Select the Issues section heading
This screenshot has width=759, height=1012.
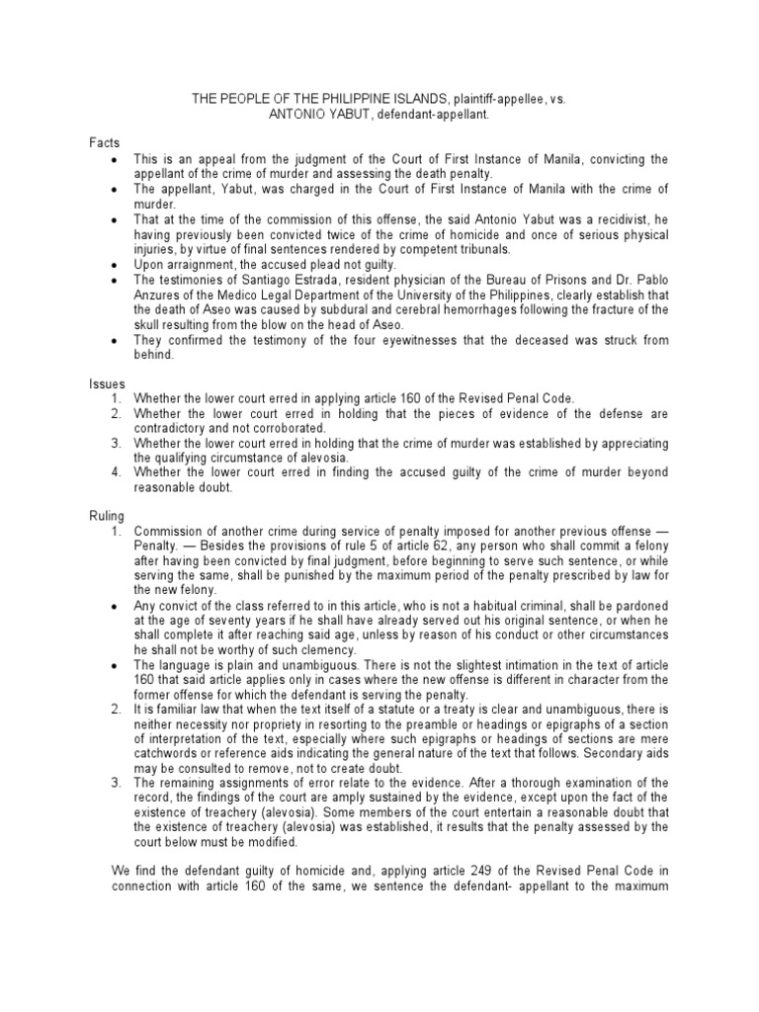click(108, 382)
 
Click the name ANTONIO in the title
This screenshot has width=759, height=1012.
click(296, 115)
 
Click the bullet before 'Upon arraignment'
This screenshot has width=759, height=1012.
click(117, 266)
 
